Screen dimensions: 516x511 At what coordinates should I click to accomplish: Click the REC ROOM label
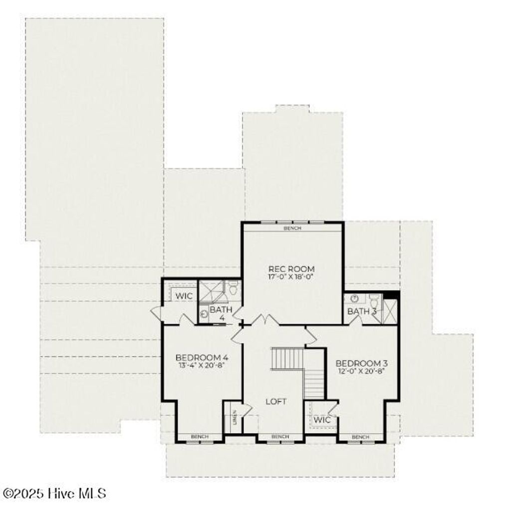pyautogui.click(x=291, y=269)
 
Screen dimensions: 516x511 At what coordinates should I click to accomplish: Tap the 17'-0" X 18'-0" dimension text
pyautogui.click(x=291, y=276)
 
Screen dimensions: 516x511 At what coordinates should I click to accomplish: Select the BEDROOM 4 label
pyautogui.click(x=202, y=357)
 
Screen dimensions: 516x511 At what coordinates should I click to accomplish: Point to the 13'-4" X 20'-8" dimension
pyautogui.click(x=202, y=365)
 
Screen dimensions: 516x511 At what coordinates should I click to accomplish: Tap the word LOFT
pyautogui.click(x=276, y=401)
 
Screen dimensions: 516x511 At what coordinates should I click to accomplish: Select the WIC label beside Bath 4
pyautogui.click(x=184, y=296)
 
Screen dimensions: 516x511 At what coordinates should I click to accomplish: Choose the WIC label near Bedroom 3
pyautogui.click(x=322, y=420)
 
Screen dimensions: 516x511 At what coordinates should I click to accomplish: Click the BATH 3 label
pyautogui.click(x=362, y=311)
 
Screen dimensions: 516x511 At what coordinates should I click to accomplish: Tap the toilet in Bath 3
pyautogui.click(x=374, y=301)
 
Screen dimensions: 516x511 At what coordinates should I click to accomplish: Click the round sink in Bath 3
pyautogui.click(x=354, y=298)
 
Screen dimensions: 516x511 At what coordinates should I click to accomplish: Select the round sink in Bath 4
pyautogui.click(x=205, y=314)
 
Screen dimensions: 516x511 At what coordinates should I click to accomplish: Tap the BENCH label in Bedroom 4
pyautogui.click(x=199, y=437)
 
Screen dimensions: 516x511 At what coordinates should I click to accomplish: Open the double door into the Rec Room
pyautogui.click(x=264, y=320)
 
